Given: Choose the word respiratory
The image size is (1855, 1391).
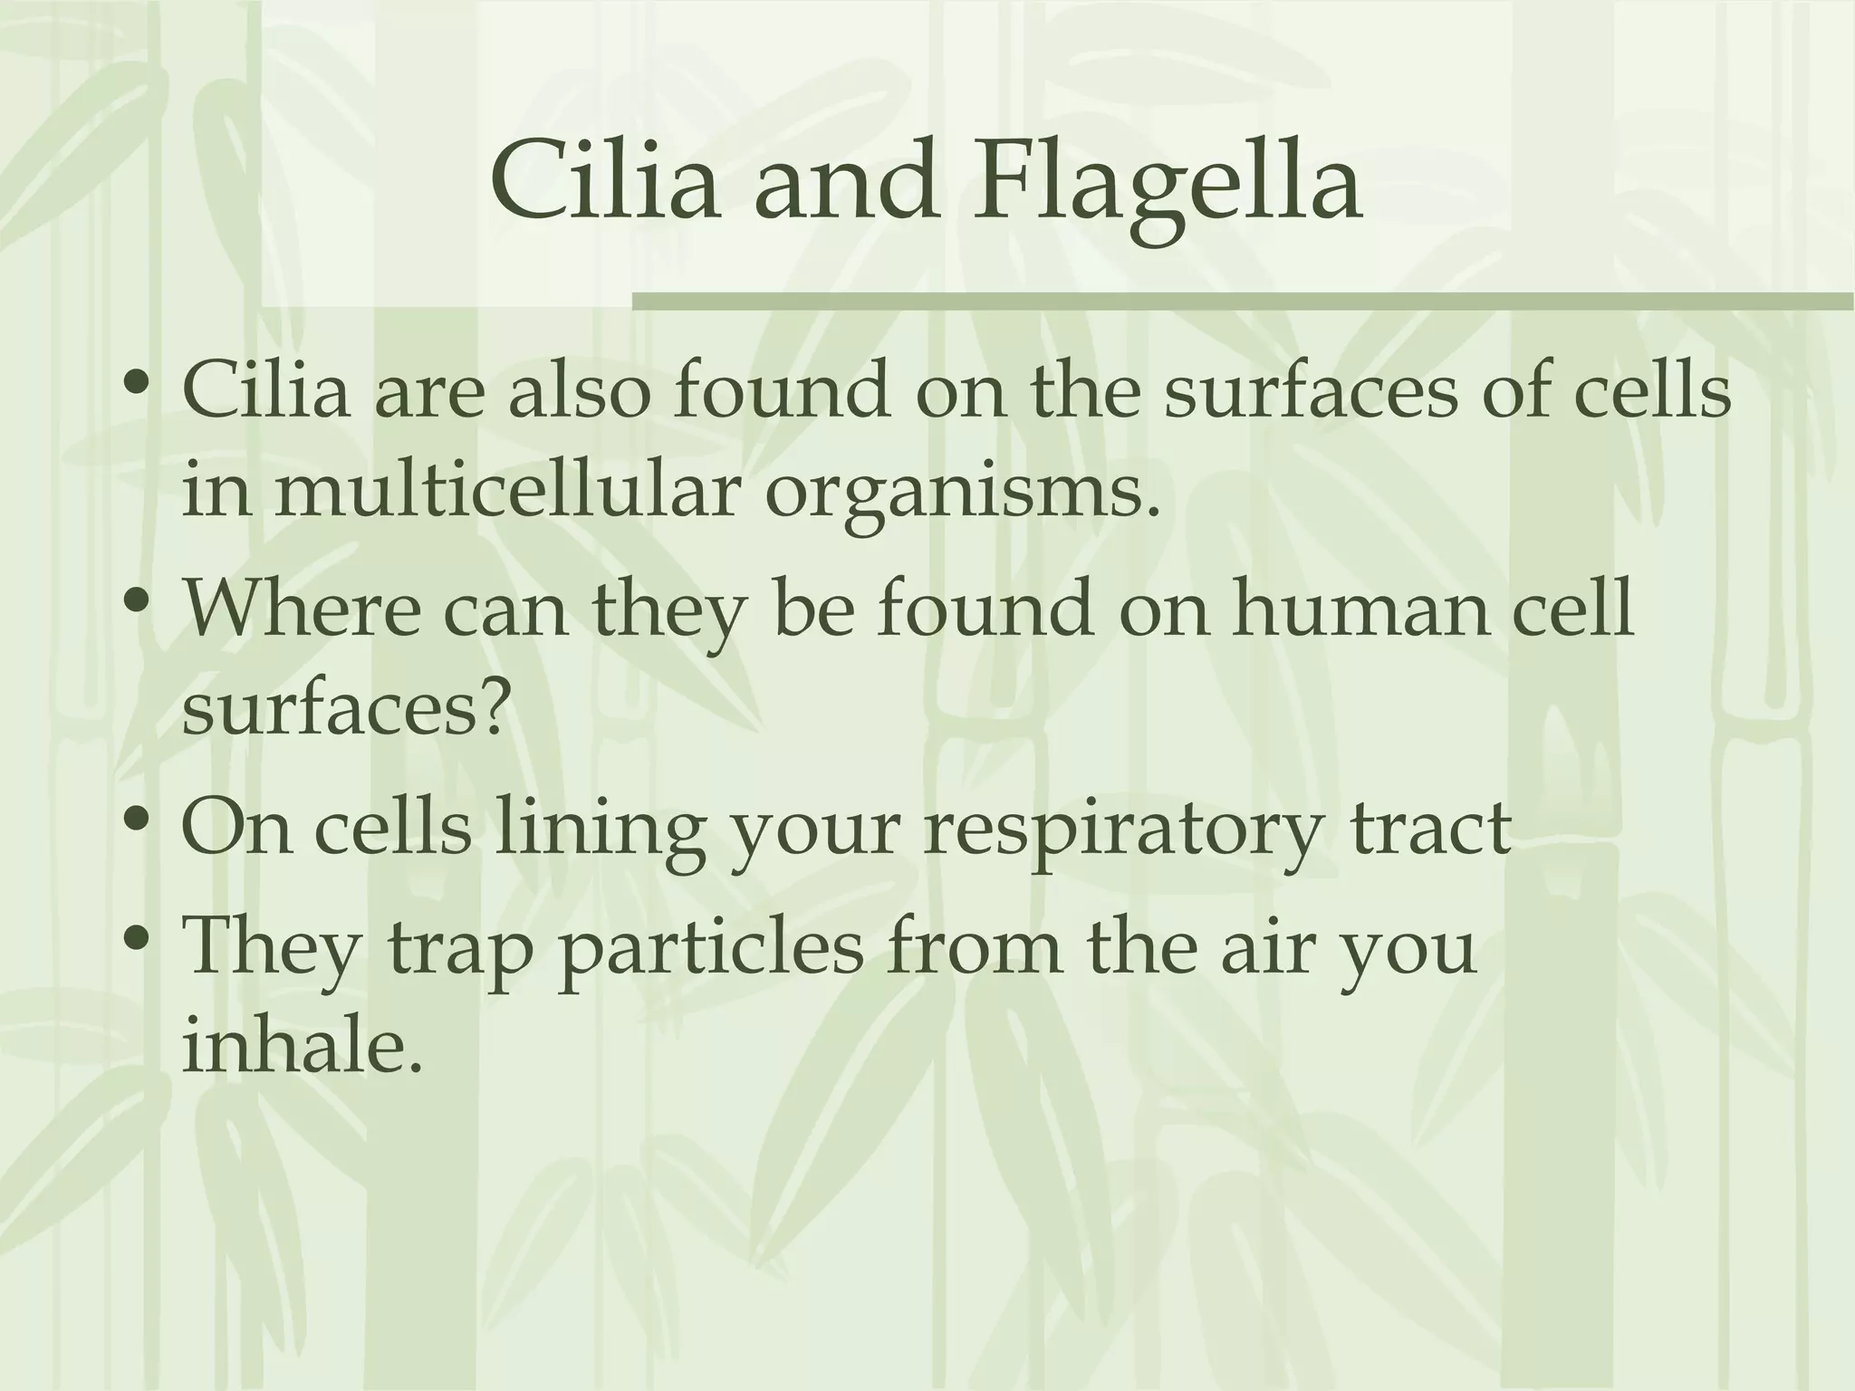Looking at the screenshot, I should click(1120, 829).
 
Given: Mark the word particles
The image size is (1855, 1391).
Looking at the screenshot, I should click(710, 951).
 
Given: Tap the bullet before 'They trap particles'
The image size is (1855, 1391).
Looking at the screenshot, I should click(138, 942).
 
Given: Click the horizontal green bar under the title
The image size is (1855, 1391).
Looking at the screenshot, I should click(1242, 302).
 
